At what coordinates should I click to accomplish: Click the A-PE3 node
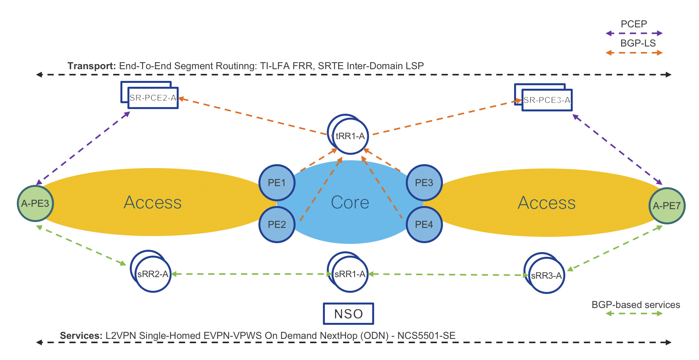pyautogui.click(x=35, y=204)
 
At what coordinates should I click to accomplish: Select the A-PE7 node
pyautogui.click(x=667, y=206)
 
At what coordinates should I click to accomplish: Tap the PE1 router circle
pyautogui.click(x=277, y=183)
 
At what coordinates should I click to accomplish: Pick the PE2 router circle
pyautogui.click(x=277, y=224)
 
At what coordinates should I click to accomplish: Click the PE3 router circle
pyautogui.click(x=424, y=183)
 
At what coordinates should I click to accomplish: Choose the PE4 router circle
pyautogui.click(x=424, y=224)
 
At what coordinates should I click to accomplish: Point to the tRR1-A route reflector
pyautogui.click(x=350, y=136)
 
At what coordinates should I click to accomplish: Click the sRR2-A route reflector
pyautogui.click(x=152, y=274)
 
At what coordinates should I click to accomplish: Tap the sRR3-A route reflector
pyautogui.click(x=546, y=276)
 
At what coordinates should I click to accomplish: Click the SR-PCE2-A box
pyautogui.click(x=153, y=98)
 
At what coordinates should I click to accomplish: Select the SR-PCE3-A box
pyautogui.click(x=547, y=100)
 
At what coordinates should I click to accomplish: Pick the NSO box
pyautogui.click(x=348, y=314)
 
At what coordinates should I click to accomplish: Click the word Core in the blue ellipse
pyautogui.click(x=350, y=202)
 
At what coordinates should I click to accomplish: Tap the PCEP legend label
pyautogui.click(x=634, y=24)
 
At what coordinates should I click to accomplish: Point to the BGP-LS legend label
pyautogui.click(x=638, y=43)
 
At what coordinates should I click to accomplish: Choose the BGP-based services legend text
pyautogui.click(x=636, y=305)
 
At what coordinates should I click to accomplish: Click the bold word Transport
pyautogui.click(x=91, y=66)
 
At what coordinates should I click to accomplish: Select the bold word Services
pyautogui.click(x=81, y=336)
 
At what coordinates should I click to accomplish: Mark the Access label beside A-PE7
pyautogui.click(x=547, y=203)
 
